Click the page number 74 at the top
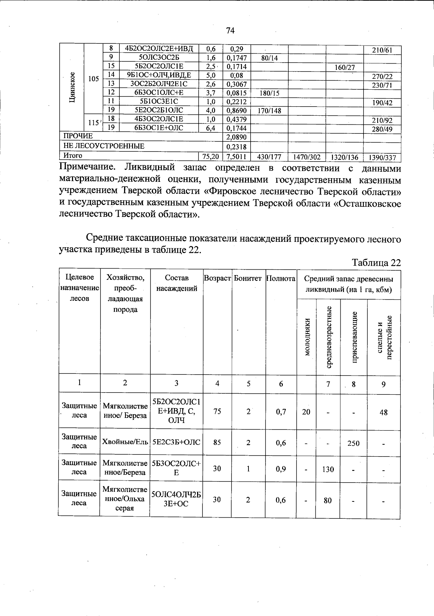(230, 31)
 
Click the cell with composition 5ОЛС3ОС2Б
(159, 57)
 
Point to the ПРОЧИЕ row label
(78, 136)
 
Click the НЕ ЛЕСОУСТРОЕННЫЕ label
(104, 146)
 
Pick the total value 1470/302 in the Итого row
(307, 157)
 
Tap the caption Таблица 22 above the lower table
(376, 263)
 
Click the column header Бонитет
(248, 278)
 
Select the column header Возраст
(217, 278)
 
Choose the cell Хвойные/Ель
(125, 442)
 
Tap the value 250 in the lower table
(353, 443)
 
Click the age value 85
(217, 442)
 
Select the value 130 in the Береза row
(328, 470)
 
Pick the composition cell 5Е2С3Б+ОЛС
(176, 442)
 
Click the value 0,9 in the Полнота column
(281, 469)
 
